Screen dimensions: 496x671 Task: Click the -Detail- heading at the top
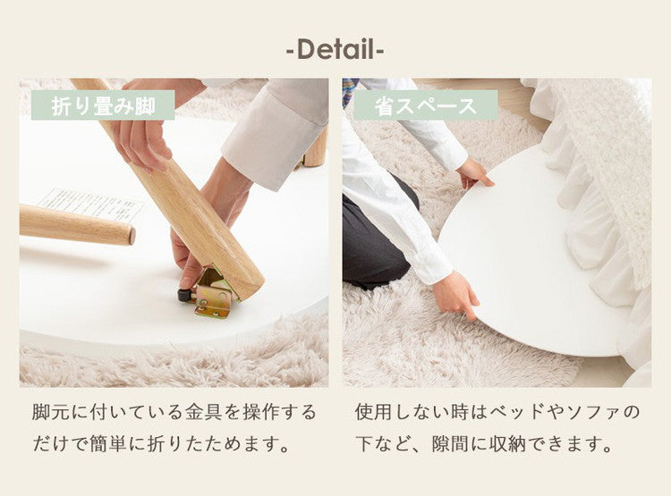335,49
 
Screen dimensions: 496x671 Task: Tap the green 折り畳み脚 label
103,105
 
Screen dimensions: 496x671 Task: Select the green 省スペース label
426,105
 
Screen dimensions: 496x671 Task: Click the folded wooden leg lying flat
76,224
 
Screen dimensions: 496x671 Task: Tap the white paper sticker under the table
89,204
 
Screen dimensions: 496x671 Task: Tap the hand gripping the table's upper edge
474,172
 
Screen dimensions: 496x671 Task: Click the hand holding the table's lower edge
456,293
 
